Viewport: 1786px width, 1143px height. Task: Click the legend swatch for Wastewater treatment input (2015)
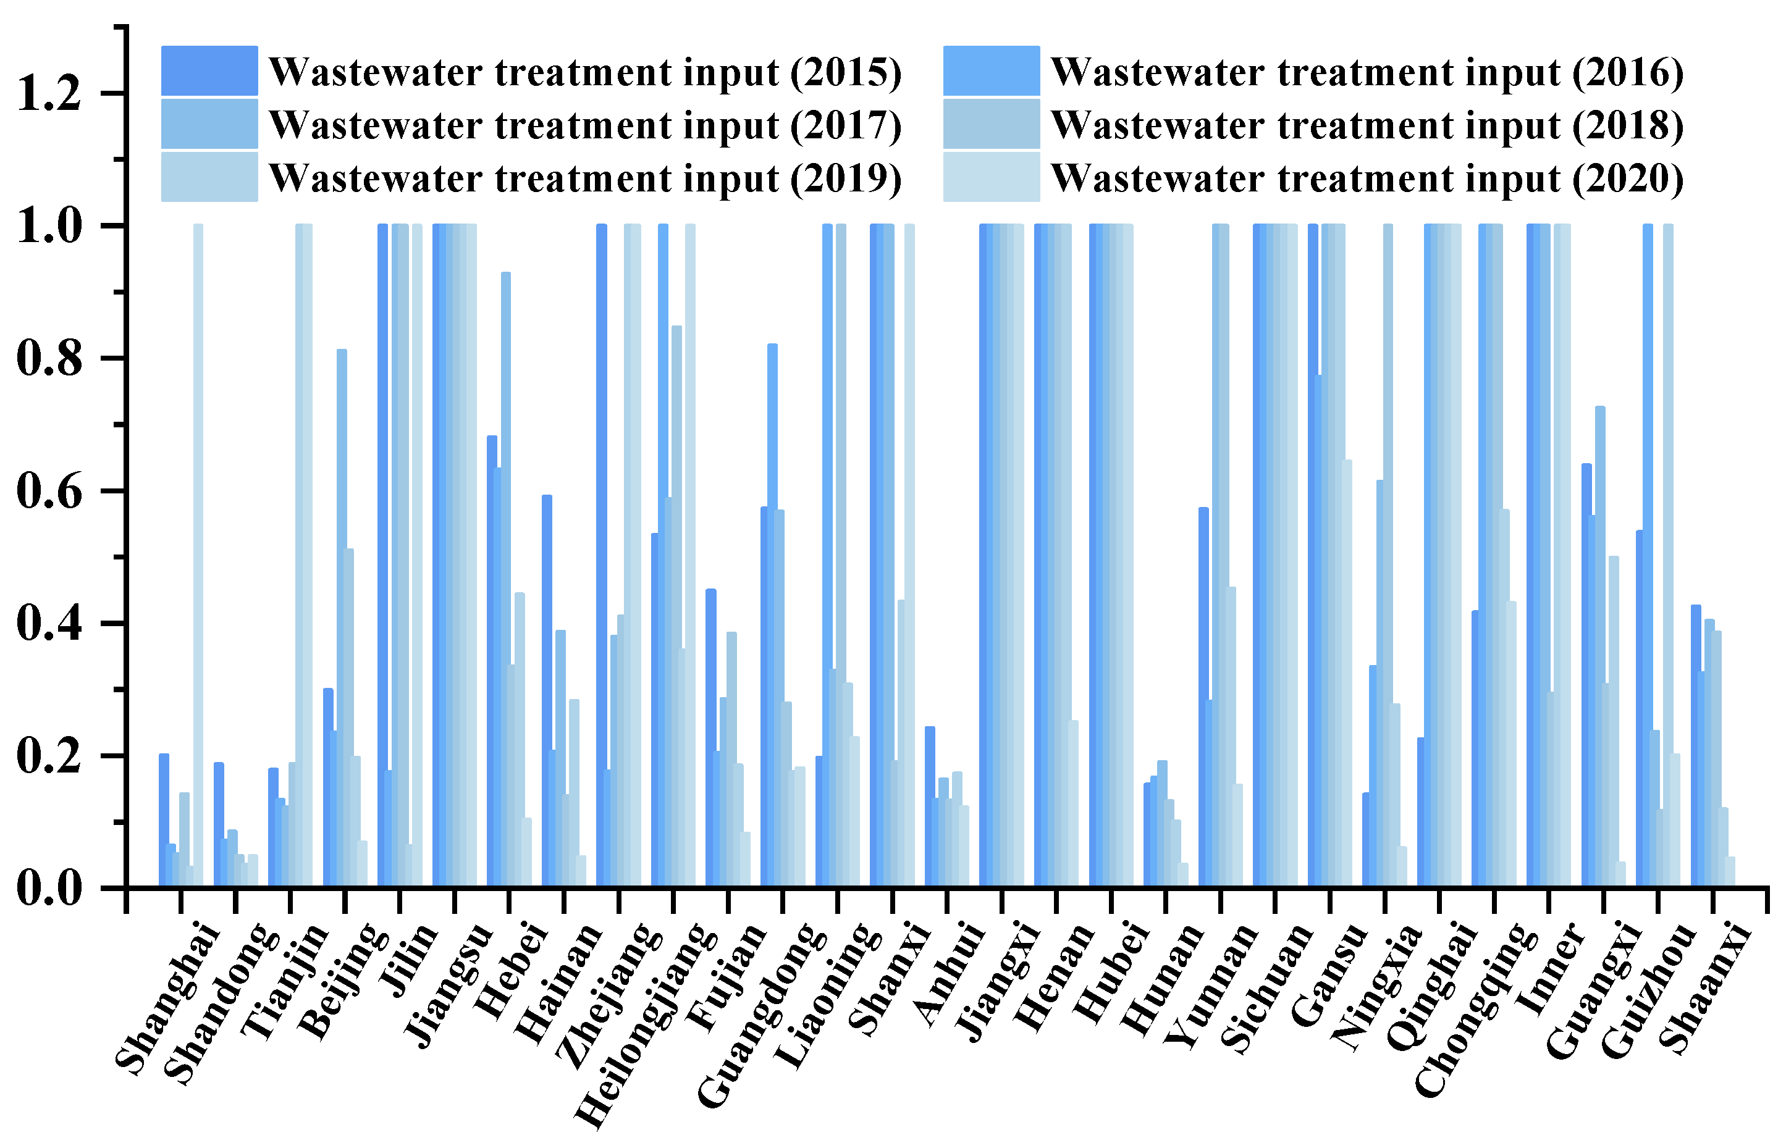tap(209, 70)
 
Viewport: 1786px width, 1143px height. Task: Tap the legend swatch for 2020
tap(991, 177)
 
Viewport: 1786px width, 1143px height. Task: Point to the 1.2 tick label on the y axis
tap(49, 94)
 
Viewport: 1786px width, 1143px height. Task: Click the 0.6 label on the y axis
tap(49, 492)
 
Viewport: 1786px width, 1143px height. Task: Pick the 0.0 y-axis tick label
tap(49, 889)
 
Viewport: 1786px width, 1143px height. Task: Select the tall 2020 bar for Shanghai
tap(198, 556)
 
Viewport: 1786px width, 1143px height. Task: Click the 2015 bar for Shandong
tap(219, 824)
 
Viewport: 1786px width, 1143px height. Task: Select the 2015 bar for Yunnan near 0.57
tap(1203, 698)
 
